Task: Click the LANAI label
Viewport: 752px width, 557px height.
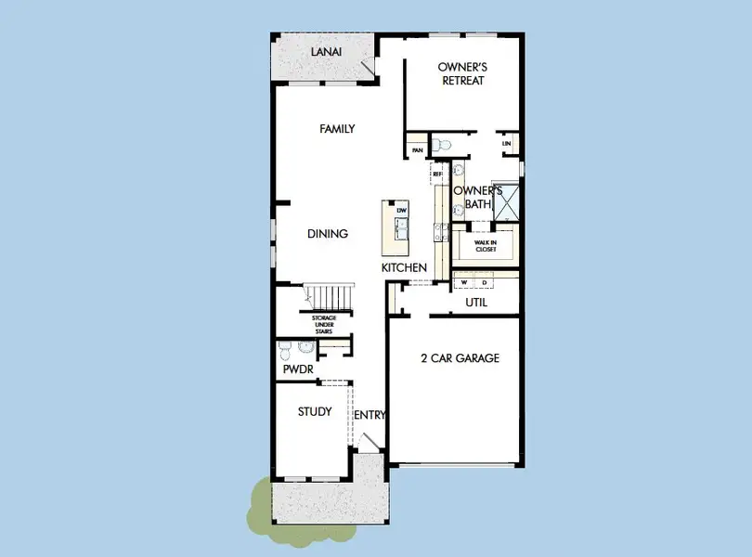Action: click(x=326, y=53)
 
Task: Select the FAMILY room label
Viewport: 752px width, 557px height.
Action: click(x=337, y=129)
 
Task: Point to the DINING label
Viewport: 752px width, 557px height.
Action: click(x=328, y=234)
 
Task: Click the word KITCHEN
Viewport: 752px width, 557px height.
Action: click(x=404, y=267)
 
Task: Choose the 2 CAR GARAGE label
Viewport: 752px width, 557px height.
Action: click(x=460, y=358)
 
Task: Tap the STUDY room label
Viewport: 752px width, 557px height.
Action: click(x=315, y=411)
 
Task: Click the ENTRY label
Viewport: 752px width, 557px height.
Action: click(x=370, y=415)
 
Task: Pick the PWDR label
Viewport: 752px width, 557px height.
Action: click(x=297, y=369)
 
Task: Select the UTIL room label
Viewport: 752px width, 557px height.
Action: click(x=476, y=303)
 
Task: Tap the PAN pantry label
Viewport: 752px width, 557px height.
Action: click(x=418, y=149)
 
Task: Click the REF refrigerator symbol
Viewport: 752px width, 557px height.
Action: click(x=437, y=174)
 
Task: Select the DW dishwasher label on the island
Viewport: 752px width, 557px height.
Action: click(x=402, y=212)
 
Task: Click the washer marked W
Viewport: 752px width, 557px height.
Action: click(x=463, y=281)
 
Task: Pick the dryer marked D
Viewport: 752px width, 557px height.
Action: click(x=485, y=281)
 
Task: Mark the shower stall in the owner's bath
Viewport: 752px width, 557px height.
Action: click(x=507, y=203)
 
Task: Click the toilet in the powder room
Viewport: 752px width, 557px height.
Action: click(x=286, y=350)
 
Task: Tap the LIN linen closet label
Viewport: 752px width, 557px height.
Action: click(x=506, y=144)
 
